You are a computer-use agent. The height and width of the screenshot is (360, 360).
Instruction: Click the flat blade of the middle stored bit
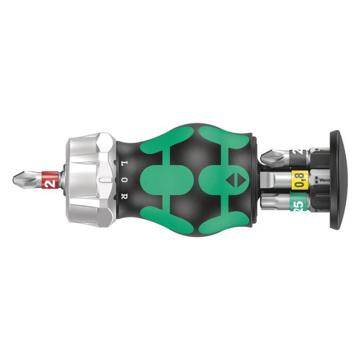pos(273,180)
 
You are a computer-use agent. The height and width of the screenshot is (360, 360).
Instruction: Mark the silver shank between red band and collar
pos(60,179)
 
